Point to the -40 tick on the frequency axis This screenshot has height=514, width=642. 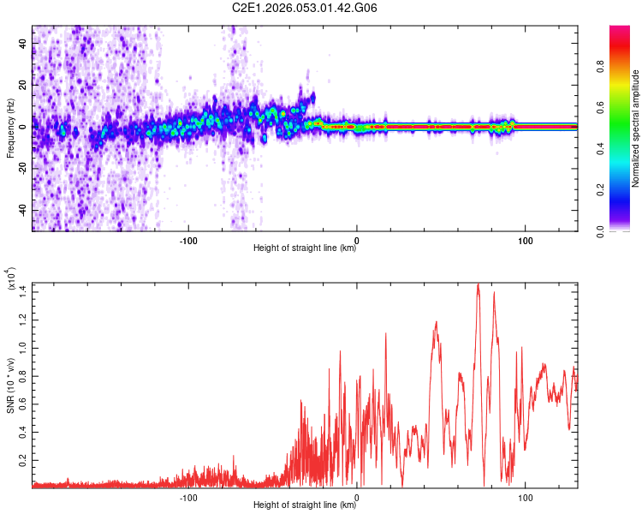pos(21,210)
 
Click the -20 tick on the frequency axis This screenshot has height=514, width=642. pos(21,168)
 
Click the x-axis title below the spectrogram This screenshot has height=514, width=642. pos(305,249)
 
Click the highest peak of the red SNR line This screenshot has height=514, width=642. pos(478,284)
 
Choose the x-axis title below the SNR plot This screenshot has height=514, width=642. pos(305,506)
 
